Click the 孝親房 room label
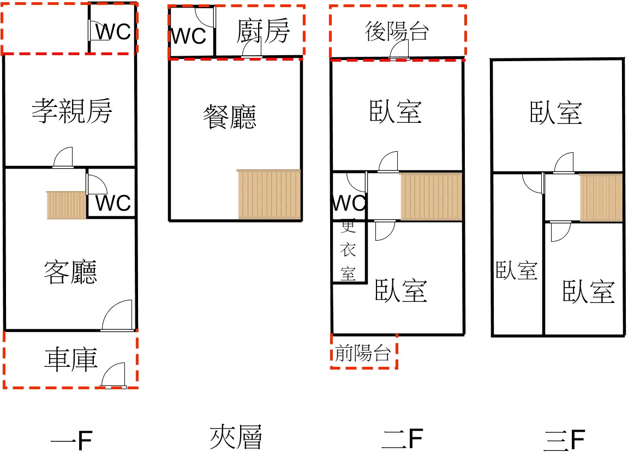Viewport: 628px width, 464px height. [71, 112]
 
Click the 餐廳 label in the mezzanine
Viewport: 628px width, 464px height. [229, 116]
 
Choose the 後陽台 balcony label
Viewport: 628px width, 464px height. [397, 32]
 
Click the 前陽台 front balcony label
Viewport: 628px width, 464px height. [363, 354]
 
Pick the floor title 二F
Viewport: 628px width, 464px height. [403, 438]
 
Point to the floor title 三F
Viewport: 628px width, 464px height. [564, 441]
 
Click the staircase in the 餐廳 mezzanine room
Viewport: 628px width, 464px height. [269, 194]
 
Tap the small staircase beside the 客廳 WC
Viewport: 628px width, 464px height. [67, 205]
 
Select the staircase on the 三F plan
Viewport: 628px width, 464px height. [601, 198]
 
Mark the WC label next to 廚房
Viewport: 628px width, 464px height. [189, 37]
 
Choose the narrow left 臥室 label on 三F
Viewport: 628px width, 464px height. [517, 271]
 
